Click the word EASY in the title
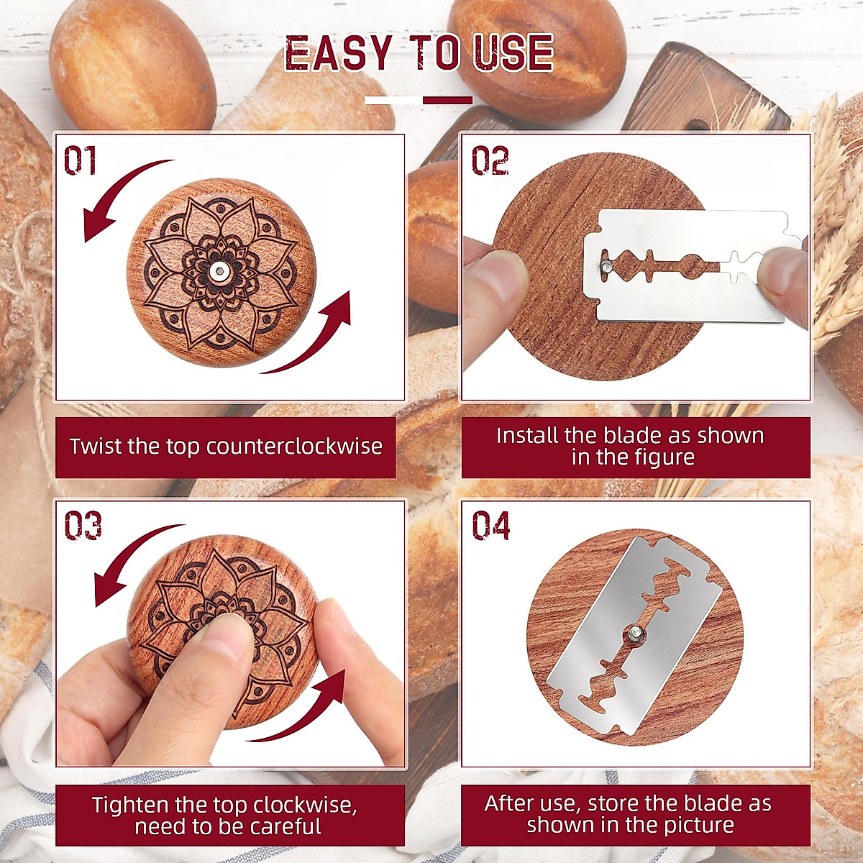coord(338,54)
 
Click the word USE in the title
coord(513,54)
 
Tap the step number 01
coord(80,160)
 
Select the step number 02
coord(490,160)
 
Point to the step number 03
coord(83,526)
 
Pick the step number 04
coord(491,526)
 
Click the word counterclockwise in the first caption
coord(294,447)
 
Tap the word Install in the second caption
coord(526,436)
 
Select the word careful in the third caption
coord(283,826)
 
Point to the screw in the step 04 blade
coord(636,632)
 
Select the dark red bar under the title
coord(447,100)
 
